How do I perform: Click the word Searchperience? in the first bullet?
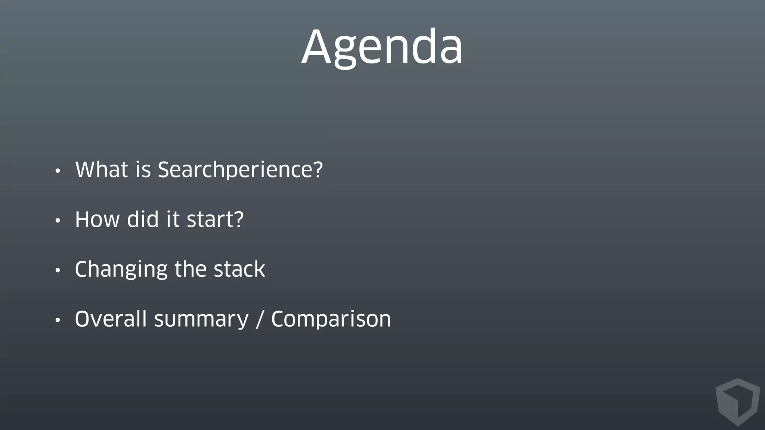pyautogui.click(x=240, y=170)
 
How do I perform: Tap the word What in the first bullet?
pyautogui.click(x=102, y=170)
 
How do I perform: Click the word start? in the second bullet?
pyautogui.click(x=215, y=219)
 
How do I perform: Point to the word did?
pyautogui.click(x=143, y=219)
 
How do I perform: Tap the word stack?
pyautogui.click(x=239, y=269)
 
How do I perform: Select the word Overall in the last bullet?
pyautogui.click(x=111, y=320)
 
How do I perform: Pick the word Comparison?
pyautogui.click(x=331, y=320)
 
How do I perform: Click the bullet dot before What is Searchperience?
pyautogui.click(x=57, y=171)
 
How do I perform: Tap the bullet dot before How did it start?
pyautogui.click(x=57, y=221)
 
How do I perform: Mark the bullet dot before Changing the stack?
pyautogui.click(x=57, y=271)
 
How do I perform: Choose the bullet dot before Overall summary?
pyautogui.click(x=57, y=320)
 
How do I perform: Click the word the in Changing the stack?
pyautogui.click(x=190, y=269)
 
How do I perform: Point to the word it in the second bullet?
pyautogui.click(x=173, y=219)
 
